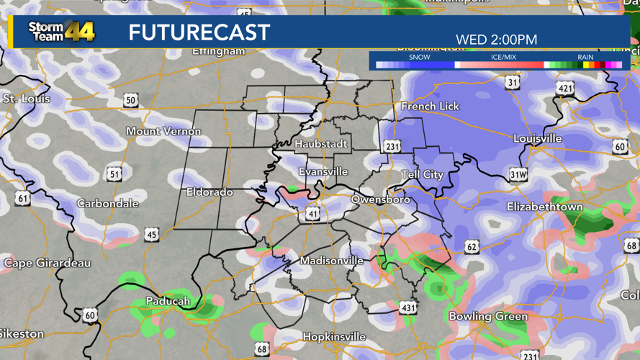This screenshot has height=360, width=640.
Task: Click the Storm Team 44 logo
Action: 61,32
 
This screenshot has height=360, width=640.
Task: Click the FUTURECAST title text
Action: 199,32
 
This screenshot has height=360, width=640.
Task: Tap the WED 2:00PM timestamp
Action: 496,40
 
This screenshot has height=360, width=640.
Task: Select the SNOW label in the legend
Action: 419,57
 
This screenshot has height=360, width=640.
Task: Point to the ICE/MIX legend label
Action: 503,57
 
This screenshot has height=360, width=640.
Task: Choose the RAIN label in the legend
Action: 585,57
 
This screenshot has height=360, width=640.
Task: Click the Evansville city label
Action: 323,172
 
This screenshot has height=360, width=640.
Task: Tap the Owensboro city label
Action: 380,199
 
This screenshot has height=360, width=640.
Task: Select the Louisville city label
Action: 537,138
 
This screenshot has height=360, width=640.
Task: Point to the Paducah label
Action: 168,301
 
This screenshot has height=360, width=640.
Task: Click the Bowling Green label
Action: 487,316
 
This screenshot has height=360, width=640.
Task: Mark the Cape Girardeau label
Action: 48,263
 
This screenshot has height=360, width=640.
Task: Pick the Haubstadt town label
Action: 320,144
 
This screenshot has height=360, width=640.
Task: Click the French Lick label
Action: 430,106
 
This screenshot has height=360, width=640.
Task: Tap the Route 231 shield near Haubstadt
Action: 392,146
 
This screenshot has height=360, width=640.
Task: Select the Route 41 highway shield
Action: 312,214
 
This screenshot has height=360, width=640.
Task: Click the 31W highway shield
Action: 518,175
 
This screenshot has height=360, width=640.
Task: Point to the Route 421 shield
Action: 565,89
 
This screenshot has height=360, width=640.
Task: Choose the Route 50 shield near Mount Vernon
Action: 130,100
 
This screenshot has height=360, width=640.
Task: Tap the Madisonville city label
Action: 331,261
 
